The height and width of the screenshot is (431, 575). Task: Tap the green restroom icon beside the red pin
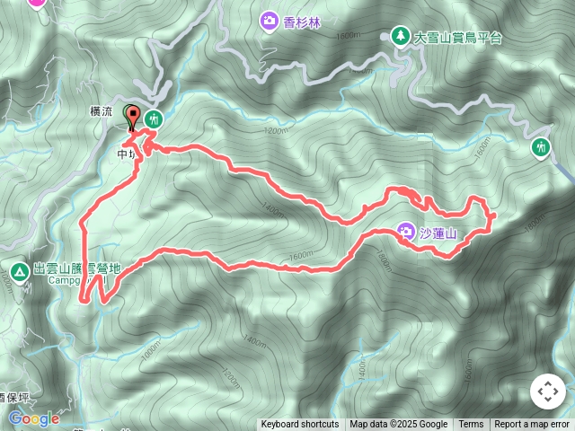click(x=155, y=118)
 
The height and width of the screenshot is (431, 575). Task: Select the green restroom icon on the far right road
click(x=541, y=147)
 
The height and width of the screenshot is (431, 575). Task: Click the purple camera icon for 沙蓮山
click(x=405, y=232)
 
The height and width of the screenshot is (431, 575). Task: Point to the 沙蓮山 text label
click(x=439, y=234)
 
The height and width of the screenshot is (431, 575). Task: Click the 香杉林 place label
click(x=302, y=21)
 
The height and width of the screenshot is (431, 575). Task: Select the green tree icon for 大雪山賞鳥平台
click(x=398, y=36)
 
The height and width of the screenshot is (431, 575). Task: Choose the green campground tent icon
click(x=19, y=270)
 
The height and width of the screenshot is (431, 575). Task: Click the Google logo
click(x=33, y=418)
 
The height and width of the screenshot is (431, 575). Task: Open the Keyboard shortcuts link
click(x=300, y=425)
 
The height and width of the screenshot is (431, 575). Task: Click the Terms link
click(x=471, y=425)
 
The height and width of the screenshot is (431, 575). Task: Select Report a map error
click(x=532, y=425)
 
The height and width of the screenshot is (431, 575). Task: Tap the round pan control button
click(x=547, y=391)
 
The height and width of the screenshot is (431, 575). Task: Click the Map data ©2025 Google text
click(x=399, y=425)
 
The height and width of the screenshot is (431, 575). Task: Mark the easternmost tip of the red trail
click(x=495, y=215)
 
